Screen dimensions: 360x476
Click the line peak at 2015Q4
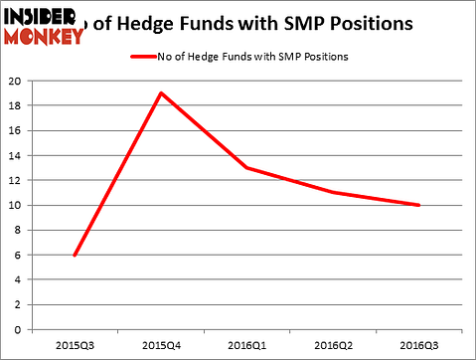point(161,93)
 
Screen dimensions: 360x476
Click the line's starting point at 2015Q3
point(75,256)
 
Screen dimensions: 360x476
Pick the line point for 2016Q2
point(333,193)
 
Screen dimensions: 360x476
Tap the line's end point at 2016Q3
point(418,205)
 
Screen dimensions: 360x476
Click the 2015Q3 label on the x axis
point(75,347)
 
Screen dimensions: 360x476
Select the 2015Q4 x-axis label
point(161,347)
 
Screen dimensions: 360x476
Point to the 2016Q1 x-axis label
point(247,347)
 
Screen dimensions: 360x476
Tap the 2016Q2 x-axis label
point(333,347)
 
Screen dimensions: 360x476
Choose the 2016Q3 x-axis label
point(418,347)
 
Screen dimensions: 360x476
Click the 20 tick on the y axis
point(14,82)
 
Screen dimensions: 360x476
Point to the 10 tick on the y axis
point(14,206)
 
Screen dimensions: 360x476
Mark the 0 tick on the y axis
point(17,330)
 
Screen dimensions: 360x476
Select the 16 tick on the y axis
point(14,131)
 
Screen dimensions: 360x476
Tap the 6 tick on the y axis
point(17,256)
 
